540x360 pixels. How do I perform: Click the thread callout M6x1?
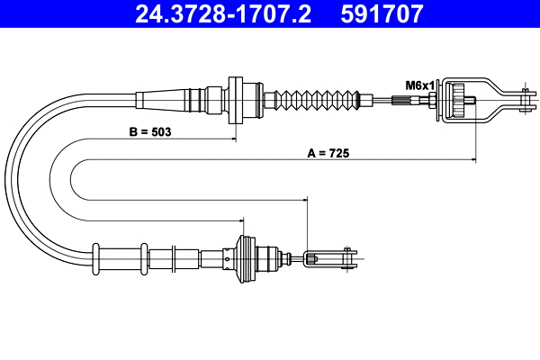(x=418, y=85)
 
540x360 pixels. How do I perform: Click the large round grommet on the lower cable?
(x=242, y=258)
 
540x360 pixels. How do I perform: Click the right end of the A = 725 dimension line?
(x=474, y=161)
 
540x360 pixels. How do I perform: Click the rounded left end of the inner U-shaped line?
(x=68, y=179)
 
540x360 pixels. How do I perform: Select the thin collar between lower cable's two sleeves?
(x=142, y=257)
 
